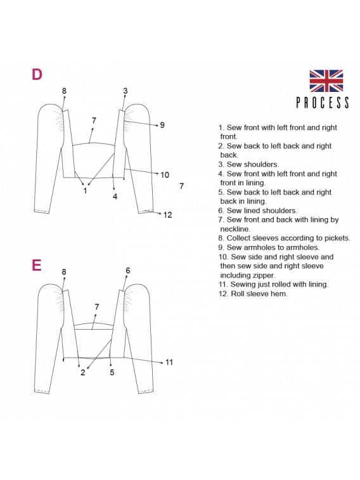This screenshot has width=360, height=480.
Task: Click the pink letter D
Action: pos(37,74)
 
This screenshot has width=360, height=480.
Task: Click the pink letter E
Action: pos(36,265)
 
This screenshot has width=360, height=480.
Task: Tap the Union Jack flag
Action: pos(326,81)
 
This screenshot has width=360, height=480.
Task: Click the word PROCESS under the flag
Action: pos(323,103)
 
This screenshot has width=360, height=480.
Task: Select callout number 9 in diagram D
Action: pos(162,125)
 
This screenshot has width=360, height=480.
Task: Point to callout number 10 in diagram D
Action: pos(165,175)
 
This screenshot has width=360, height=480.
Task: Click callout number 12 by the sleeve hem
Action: pos(167,215)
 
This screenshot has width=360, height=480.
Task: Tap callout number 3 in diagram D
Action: pos(125,91)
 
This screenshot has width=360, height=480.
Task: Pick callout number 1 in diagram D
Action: pos(86,191)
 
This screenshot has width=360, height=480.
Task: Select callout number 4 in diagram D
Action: pos(115,197)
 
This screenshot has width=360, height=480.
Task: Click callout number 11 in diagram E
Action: pos(169,363)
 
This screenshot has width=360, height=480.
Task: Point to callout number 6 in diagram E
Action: pos(128,271)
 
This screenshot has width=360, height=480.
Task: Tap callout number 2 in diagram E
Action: pos(83,373)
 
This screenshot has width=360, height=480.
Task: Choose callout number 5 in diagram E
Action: pos(112,373)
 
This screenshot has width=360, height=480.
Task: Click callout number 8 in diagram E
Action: pos(63,272)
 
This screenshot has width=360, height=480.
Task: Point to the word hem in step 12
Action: pos(280,294)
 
